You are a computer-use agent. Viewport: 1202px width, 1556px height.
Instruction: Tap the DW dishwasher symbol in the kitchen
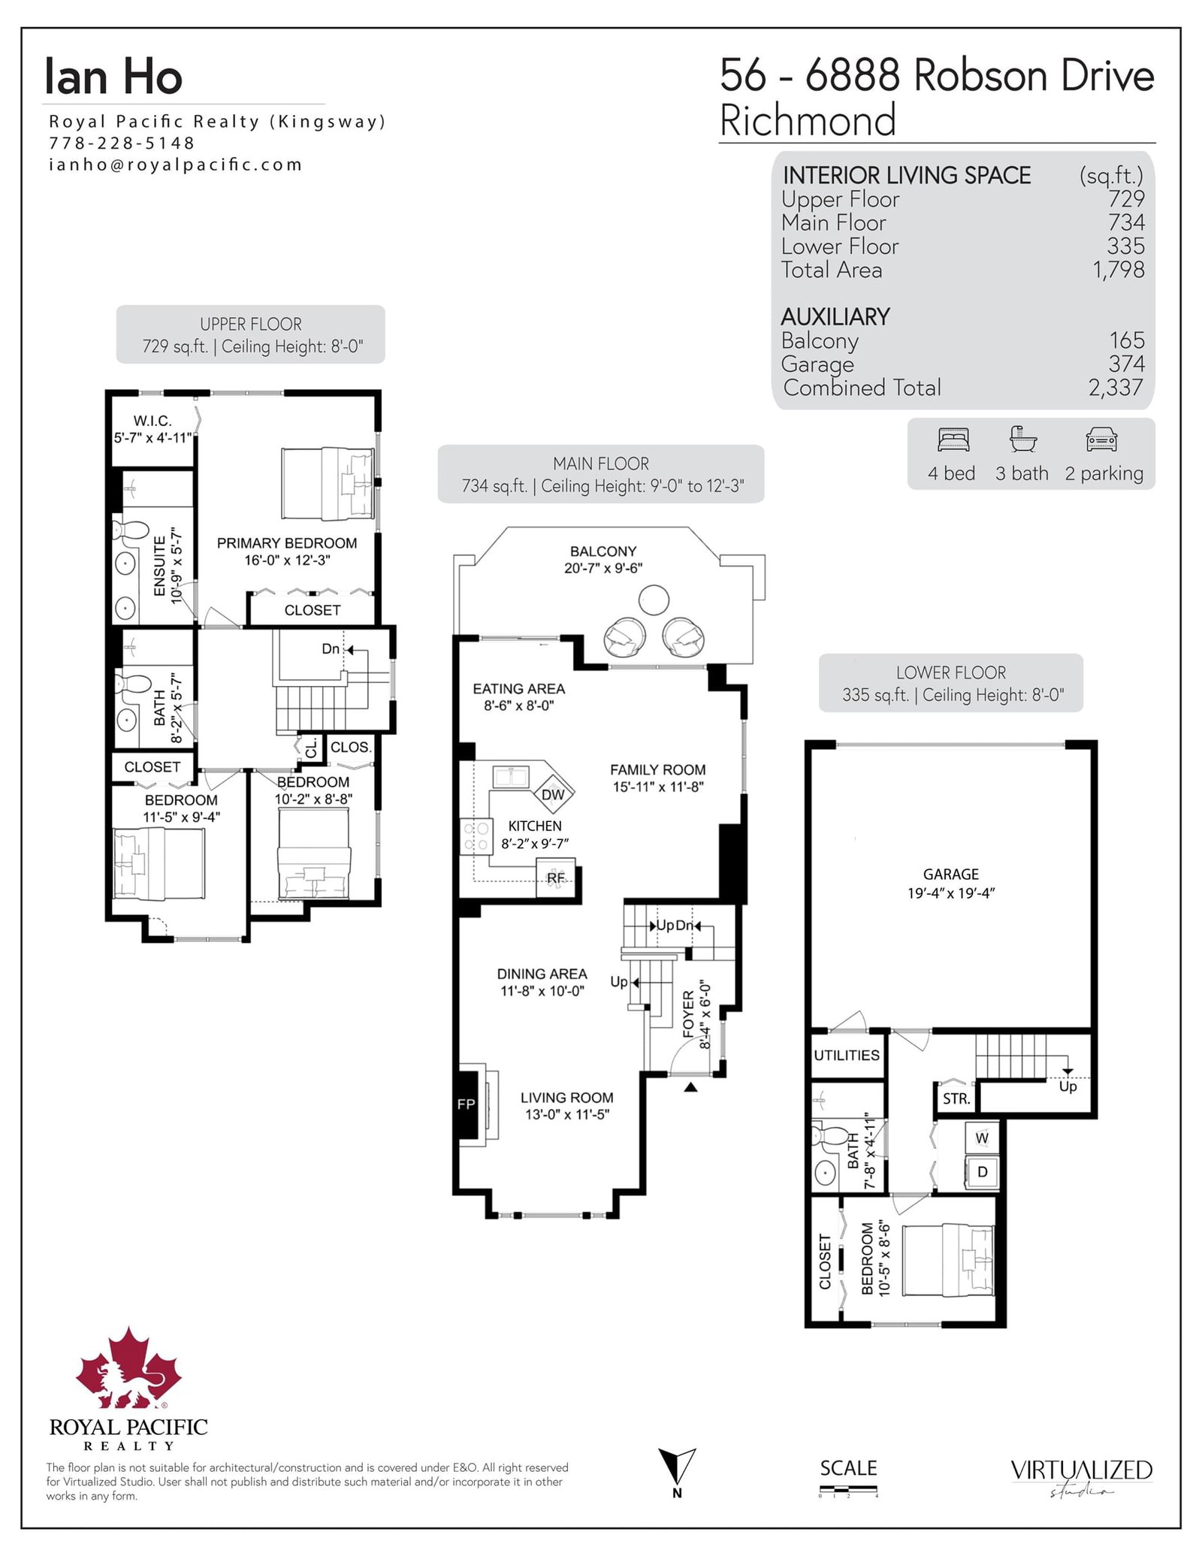tap(553, 794)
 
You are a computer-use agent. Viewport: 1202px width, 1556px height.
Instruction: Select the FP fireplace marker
tap(467, 1104)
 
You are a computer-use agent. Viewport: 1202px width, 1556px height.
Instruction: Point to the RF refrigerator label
tap(556, 878)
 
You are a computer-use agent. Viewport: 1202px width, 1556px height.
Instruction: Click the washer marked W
tap(982, 1138)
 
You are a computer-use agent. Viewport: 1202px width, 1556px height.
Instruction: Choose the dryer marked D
tap(982, 1171)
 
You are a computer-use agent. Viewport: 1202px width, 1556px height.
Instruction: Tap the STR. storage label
tap(956, 1098)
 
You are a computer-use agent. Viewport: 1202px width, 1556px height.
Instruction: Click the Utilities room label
tap(847, 1055)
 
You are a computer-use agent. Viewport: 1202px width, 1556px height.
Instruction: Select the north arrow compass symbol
tap(677, 1470)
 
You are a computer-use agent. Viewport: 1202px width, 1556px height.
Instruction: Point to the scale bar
tap(848, 1489)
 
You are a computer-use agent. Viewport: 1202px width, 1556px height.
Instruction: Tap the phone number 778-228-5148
tap(122, 143)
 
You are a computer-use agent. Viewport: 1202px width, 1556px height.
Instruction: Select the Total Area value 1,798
tap(1119, 269)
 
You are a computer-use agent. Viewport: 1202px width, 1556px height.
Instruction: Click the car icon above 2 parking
tap(1101, 440)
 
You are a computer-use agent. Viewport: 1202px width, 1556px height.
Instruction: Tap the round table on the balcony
tap(654, 600)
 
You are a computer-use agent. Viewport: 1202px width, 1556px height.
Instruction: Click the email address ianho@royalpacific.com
tap(175, 165)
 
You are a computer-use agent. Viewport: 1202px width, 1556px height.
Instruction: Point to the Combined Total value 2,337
tap(1116, 387)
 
